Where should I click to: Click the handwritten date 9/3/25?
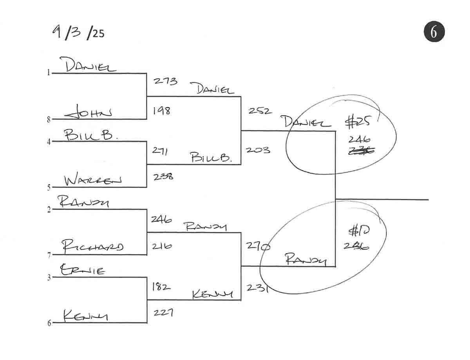[78, 33]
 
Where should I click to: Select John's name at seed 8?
[88, 113]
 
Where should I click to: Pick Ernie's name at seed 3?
[82, 270]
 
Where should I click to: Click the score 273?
[165, 81]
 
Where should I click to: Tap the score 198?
[161, 111]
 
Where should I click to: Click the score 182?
[161, 287]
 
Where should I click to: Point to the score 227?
[162, 313]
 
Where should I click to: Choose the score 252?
[259, 111]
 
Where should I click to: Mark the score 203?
[258, 150]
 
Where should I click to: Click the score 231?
[257, 288]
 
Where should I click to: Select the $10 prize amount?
[357, 232]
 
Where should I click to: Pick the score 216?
[161, 247]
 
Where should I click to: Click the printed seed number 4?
[49, 142]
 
